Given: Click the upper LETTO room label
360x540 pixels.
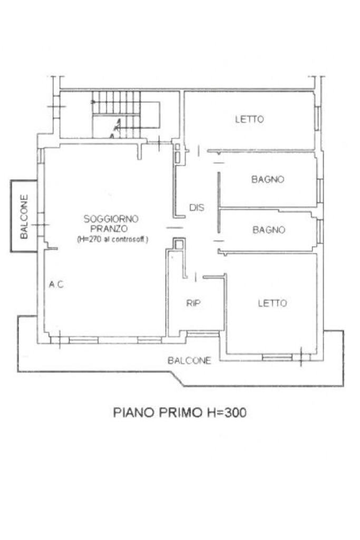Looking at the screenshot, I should pos(249,119).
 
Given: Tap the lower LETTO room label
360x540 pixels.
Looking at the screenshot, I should pos(272,303).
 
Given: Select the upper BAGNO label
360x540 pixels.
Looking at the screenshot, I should pos(268,179).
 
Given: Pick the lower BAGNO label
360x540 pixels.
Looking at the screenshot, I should pos(268,230).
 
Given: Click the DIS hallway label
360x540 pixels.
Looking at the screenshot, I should pos(197,208).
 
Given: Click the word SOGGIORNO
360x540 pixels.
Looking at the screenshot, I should pos(111,218).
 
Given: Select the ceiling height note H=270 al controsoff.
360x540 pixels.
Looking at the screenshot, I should pos(112,239).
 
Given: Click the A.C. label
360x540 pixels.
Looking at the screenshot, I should pos(56,285).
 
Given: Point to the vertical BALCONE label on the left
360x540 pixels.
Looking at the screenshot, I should pos(24,217).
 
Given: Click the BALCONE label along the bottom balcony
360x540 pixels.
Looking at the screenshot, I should pos(189,361).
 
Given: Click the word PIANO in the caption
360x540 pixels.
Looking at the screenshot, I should pos(131,412).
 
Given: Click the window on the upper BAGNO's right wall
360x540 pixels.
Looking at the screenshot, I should pos(319,190).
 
